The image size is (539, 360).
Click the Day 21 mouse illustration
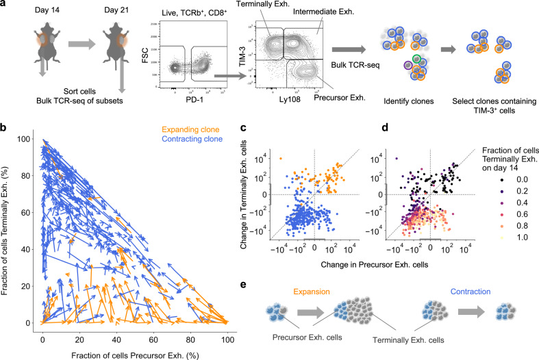click(116, 44)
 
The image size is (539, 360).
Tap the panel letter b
click(3, 128)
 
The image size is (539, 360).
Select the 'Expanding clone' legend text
click(190, 129)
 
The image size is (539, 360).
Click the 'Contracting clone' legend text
click(192, 139)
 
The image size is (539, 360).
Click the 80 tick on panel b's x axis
click(190, 339)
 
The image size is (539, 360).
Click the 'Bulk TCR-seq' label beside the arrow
click(355, 64)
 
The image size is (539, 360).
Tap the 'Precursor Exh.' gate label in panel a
click(339, 98)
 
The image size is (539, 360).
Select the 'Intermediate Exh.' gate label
click(323, 12)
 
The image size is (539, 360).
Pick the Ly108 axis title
click(290, 99)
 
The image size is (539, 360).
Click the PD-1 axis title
click(195, 101)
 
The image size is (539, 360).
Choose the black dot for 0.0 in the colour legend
click(502, 179)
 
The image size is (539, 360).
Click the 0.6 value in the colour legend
click(522, 214)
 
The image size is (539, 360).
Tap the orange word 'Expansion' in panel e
click(312, 292)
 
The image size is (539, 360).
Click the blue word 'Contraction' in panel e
click(471, 292)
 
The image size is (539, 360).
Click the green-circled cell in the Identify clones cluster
click(416, 59)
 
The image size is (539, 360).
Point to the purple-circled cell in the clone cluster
click(408, 65)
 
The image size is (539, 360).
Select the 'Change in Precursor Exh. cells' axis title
click(375, 264)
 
